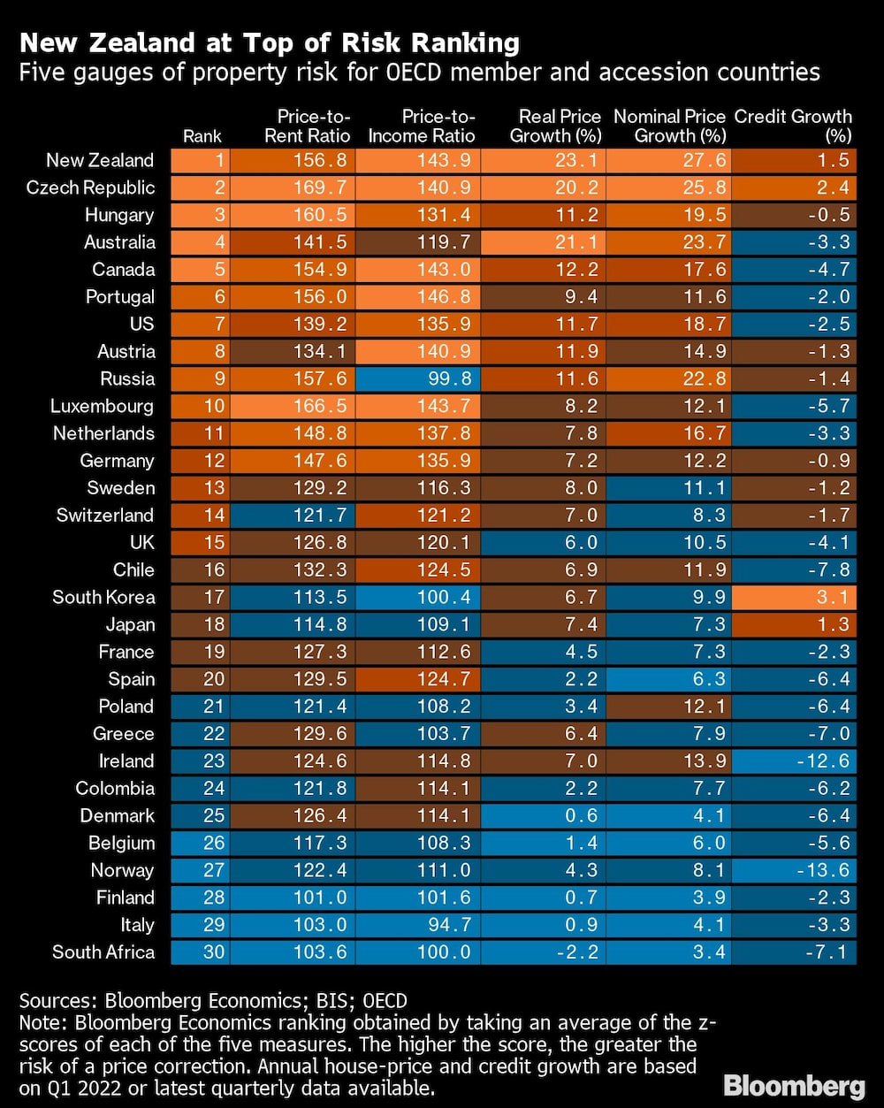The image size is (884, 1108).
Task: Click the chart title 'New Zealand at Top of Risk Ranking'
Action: click(270, 43)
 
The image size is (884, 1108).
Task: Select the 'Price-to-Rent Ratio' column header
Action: click(314, 126)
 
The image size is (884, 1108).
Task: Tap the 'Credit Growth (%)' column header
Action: click(793, 126)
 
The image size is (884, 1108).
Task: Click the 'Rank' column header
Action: click(202, 136)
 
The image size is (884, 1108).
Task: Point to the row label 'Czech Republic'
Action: click(90, 187)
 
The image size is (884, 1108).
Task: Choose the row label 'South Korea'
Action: click(103, 597)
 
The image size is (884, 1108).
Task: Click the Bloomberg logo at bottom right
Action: click(794, 1085)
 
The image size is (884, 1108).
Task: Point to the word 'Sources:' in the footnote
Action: click(58, 1001)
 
